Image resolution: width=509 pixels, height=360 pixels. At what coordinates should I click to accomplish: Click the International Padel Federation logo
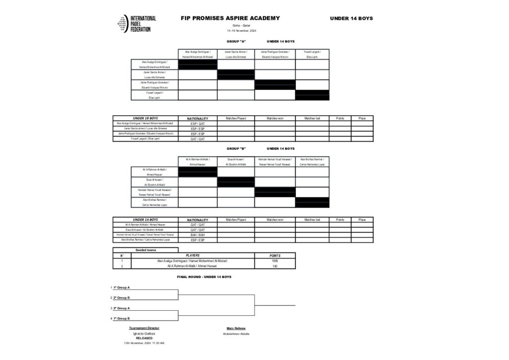point(138,24)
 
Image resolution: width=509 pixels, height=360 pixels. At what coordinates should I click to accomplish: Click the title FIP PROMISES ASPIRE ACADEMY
point(230,18)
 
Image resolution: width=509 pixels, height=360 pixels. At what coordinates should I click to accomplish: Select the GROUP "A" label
point(236,41)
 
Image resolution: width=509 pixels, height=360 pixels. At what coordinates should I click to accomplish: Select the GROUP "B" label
point(236,149)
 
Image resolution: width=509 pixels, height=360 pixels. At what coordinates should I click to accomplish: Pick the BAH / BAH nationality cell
point(197,235)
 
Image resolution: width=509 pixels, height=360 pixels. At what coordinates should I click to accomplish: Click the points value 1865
point(275,261)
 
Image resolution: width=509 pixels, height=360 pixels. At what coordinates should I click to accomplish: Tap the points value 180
point(275,266)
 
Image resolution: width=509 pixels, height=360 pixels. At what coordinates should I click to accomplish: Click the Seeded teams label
point(145,250)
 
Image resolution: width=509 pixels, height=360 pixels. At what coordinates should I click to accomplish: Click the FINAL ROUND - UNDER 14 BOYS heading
point(204,276)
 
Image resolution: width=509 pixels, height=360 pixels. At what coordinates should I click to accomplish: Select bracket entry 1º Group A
point(121,287)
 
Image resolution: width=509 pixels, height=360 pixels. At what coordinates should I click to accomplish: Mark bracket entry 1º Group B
point(121,318)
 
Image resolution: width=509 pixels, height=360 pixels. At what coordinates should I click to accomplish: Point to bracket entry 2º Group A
point(121,308)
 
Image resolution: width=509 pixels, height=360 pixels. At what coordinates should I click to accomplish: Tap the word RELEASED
point(144,338)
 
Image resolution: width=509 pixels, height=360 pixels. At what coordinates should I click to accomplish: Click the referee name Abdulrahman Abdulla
point(236,334)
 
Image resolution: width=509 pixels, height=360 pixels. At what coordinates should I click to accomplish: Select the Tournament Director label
point(144,328)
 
